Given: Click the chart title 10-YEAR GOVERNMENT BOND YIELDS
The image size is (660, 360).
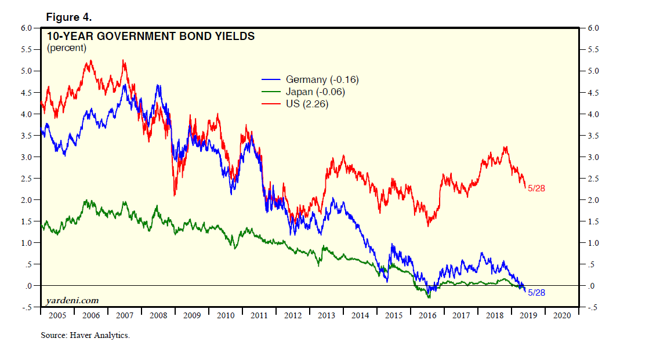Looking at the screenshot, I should [x=151, y=37].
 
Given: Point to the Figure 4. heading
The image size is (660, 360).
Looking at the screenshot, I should [x=69, y=17].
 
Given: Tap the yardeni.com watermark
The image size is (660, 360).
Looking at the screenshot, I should [x=72, y=300].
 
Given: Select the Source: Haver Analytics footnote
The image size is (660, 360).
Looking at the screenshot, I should [x=85, y=336].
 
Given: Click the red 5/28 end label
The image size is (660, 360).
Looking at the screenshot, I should [x=537, y=188].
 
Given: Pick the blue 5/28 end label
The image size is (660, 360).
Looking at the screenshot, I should [x=536, y=293].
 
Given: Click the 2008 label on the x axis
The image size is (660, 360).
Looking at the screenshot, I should [x=158, y=316].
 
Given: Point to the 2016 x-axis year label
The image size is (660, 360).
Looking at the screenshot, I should [x=427, y=316].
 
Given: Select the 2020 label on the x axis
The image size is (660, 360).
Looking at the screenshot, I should [x=562, y=316].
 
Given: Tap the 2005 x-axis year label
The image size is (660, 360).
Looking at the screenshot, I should [x=57, y=316].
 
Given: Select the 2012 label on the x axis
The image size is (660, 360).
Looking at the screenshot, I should [x=293, y=316].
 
